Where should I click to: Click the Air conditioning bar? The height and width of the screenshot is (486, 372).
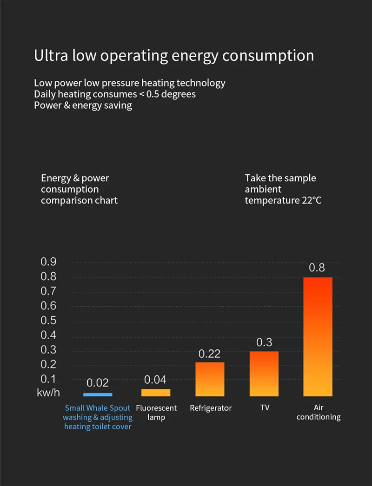click(318, 337)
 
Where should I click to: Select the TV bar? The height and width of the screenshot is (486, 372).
click(264, 374)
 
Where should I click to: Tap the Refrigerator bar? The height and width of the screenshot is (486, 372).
click(210, 379)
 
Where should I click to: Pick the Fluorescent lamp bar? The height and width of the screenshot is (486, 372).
click(156, 393)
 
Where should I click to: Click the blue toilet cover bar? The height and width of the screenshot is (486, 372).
click(98, 394)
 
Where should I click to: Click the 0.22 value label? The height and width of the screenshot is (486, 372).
click(209, 354)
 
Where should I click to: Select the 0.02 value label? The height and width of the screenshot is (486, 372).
click(98, 383)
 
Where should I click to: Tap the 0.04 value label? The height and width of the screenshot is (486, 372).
click(155, 380)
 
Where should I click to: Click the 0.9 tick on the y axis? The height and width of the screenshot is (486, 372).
click(48, 262)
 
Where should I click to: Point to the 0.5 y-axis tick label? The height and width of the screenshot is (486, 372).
click(48, 321)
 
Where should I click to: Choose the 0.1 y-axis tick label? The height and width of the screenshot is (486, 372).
click(48, 379)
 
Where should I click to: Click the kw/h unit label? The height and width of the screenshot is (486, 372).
click(48, 393)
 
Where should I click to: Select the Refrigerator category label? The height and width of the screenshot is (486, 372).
click(211, 408)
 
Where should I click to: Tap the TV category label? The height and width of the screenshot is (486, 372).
click(265, 408)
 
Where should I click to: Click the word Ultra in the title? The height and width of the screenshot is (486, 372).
click(51, 55)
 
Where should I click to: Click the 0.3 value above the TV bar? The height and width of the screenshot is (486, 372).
click(264, 342)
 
